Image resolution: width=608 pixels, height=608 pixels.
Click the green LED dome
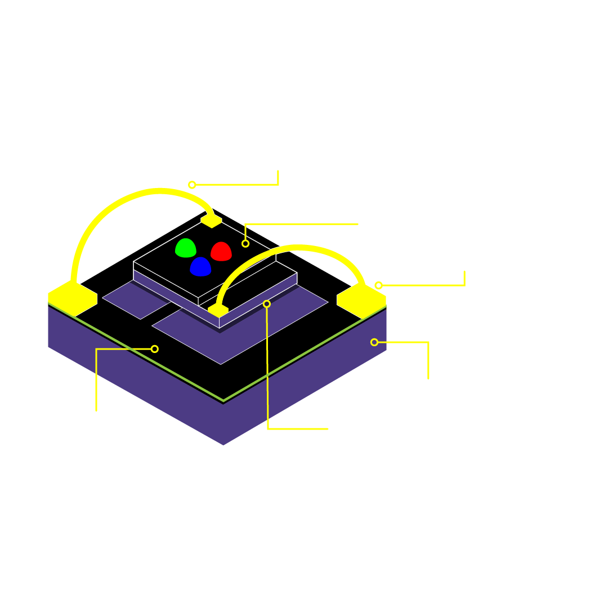pos(185,248)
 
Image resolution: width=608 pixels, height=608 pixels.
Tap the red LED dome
pos(221,252)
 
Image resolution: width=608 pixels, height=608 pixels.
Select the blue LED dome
pos(200,267)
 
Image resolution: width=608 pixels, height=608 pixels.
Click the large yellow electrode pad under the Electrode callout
pos(361,300)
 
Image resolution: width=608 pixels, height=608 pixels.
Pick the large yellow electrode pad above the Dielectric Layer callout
pos(73,298)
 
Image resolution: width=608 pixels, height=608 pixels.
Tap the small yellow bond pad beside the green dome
pos(211,220)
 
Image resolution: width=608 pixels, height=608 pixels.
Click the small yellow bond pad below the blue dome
pos(218,310)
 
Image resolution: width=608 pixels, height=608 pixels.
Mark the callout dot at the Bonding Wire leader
pos(192,185)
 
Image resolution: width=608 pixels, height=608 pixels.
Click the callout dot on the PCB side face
pos(374,342)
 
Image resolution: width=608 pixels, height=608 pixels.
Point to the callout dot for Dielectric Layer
pos(155,349)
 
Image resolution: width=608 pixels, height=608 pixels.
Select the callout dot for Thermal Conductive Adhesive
pos(267,304)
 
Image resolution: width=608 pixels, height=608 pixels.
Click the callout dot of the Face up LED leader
pos(245,244)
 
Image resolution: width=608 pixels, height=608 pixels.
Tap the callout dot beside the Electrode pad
pos(378,285)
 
